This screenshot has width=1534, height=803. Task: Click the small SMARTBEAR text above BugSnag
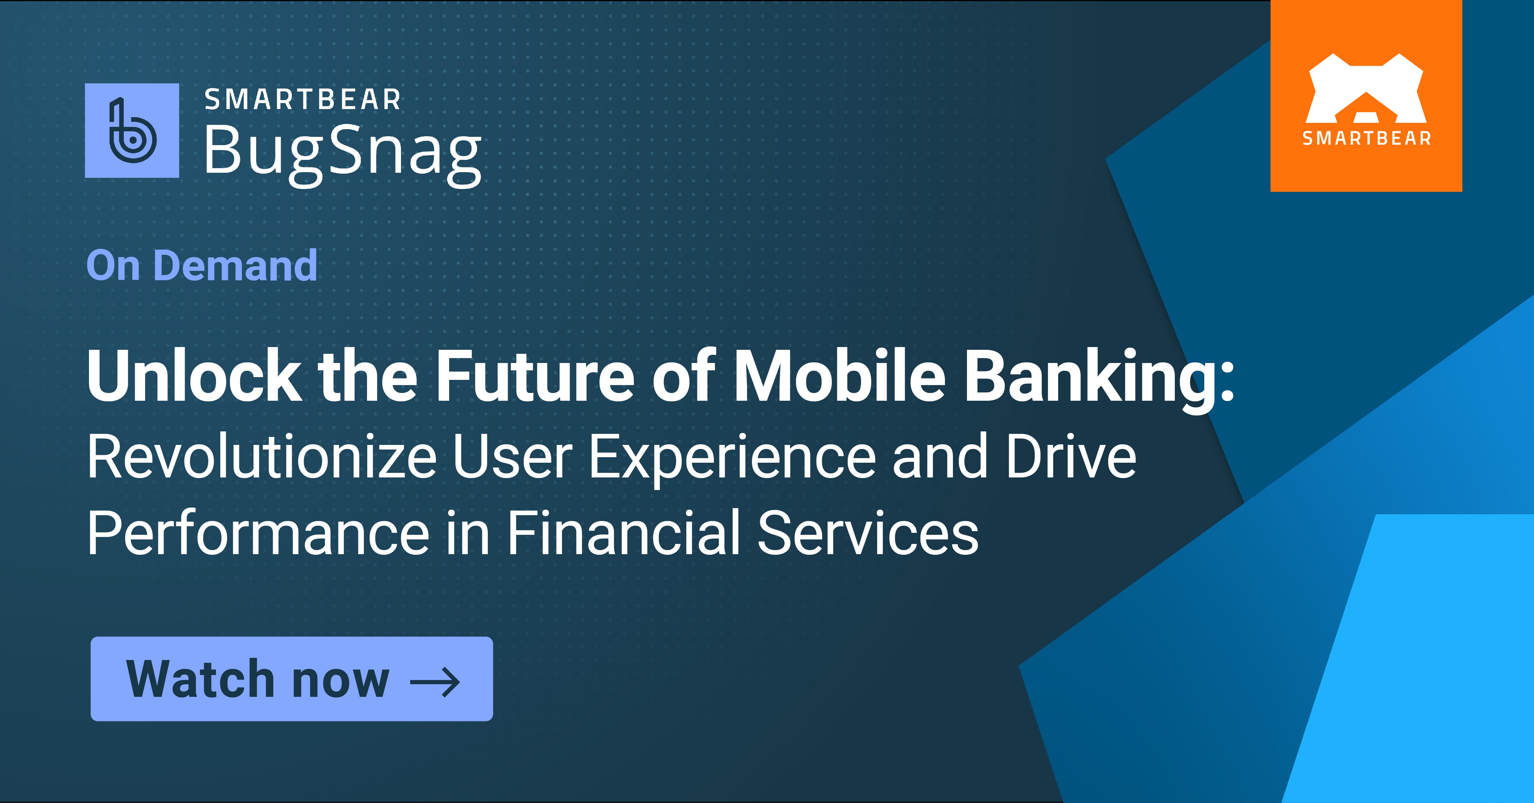pyautogui.click(x=303, y=99)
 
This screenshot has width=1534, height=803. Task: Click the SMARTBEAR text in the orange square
pyautogui.click(x=1366, y=139)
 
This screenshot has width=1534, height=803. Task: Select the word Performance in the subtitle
pyautogui.click(x=258, y=533)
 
